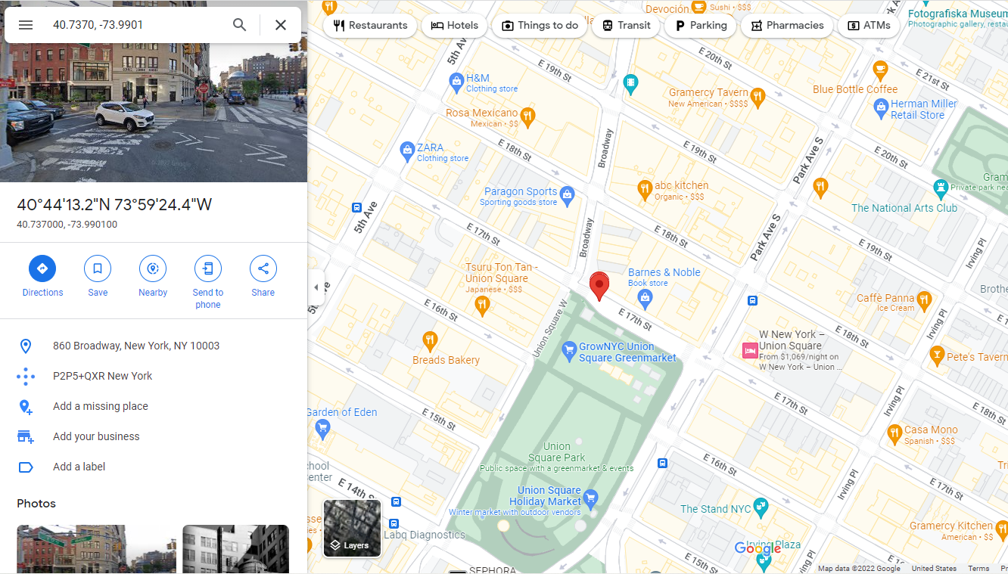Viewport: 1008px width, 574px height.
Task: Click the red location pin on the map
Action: tap(599, 285)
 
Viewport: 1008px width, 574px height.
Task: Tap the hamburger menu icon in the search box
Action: tap(26, 25)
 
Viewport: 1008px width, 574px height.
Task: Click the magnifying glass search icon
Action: tap(240, 25)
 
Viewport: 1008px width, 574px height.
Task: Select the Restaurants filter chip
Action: tap(370, 26)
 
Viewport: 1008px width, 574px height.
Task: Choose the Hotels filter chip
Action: tap(455, 26)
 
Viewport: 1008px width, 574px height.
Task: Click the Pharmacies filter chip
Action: tap(786, 26)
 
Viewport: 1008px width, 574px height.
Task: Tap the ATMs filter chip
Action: tap(868, 26)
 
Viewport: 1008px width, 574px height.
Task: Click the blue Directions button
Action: tap(42, 268)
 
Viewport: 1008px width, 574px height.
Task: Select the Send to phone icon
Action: tap(208, 268)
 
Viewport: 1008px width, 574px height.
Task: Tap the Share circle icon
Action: tap(263, 268)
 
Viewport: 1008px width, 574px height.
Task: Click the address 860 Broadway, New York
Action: tap(136, 346)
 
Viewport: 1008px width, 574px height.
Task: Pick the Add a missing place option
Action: tap(101, 406)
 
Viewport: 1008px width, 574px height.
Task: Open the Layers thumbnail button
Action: tap(352, 528)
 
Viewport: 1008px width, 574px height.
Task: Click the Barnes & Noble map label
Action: tap(664, 272)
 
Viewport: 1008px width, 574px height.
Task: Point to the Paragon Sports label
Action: tap(521, 192)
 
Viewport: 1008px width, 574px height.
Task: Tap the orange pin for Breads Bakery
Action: tap(430, 340)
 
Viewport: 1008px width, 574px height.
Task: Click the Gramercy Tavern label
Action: tap(708, 93)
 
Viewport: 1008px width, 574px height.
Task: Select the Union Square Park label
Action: tap(556, 451)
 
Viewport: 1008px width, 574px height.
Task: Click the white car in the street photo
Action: tap(125, 116)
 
